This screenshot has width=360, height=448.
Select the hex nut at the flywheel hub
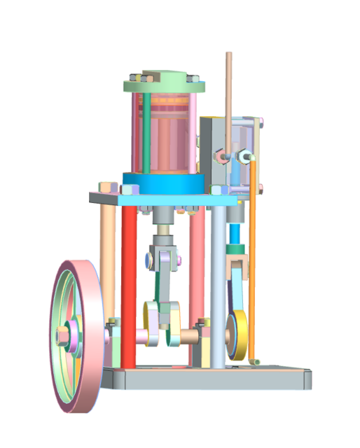(64, 338)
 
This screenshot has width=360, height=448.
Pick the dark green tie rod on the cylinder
(146, 133)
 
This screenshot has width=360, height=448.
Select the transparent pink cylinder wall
(165, 136)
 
